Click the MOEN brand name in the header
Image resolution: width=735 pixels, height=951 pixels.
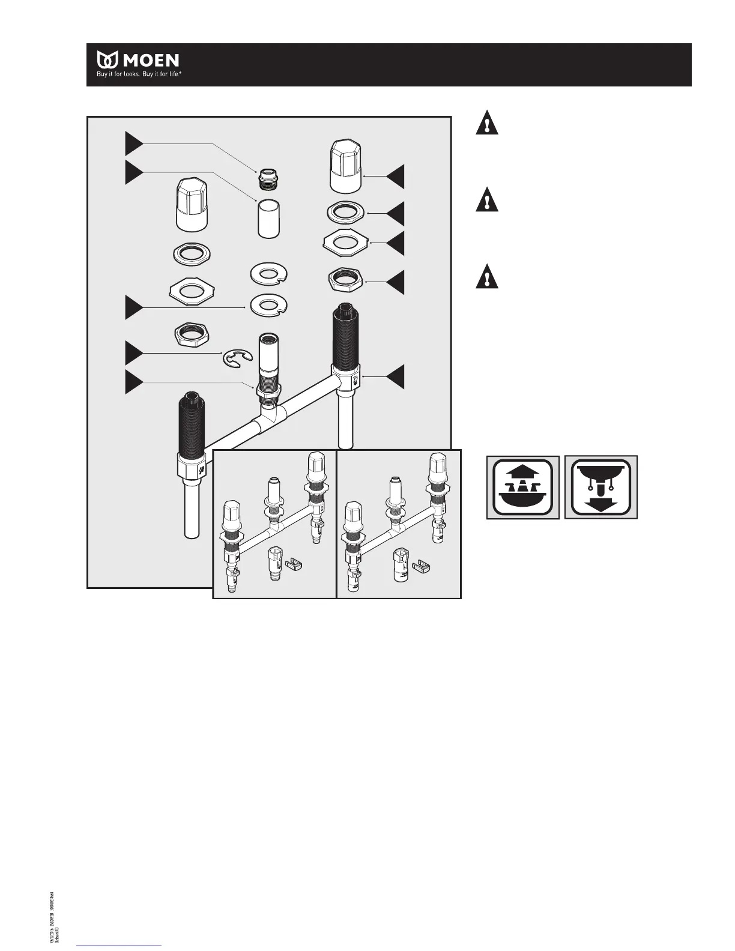coord(151,60)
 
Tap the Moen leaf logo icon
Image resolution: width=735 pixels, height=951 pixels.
coord(108,60)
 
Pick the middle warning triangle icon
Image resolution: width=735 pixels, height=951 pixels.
coord(487,200)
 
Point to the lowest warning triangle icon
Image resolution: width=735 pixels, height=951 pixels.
coord(487,277)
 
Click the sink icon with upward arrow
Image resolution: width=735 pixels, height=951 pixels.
coord(522,487)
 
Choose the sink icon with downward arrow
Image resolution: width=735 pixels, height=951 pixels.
coord(601,487)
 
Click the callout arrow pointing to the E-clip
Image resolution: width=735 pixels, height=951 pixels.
coord(134,353)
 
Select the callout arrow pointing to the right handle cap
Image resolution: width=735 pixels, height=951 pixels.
coord(395,177)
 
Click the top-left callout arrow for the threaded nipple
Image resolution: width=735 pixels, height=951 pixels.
coord(134,144)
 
